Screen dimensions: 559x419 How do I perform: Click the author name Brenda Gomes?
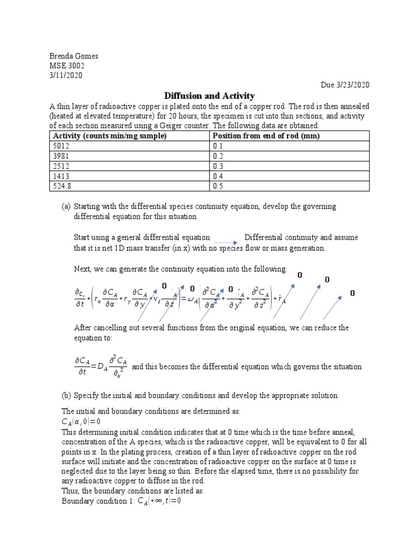click(x=74, y=56)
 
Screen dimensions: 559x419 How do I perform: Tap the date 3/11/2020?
click(x=66, y=76)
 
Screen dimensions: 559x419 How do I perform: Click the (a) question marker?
click(x=66, y=207)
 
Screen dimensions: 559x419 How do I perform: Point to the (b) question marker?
click(x=66, y=395)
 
